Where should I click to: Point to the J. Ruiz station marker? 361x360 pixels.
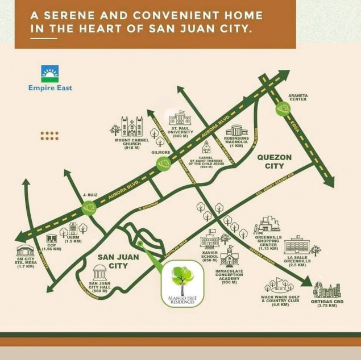[88, 210]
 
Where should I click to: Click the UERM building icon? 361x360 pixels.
[73, 228]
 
